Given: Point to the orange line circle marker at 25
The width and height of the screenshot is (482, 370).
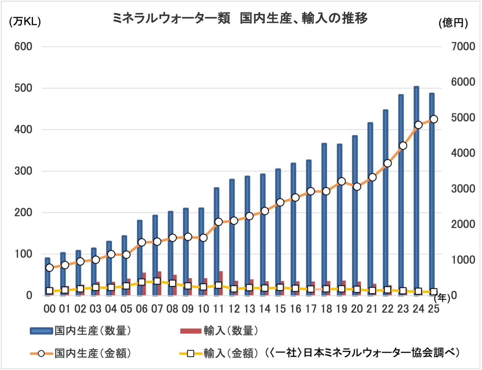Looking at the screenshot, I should pyautogui.click(x=434, y=119).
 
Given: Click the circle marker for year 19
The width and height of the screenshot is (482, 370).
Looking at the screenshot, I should pyautogui.click(x=341, y=181).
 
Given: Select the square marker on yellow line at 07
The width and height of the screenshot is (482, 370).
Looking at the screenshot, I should pyautogui.click(x=157, y=281).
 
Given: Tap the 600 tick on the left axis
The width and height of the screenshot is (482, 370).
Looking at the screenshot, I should pyautogui.click(x=23, y=47).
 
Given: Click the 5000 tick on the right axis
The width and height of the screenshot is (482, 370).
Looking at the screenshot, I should pyautogui.click(x=463, y=118).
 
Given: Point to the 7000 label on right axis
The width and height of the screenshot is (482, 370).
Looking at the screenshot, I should pyautogui.click(x=463, y=47).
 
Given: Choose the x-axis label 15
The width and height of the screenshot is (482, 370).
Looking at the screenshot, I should pyautogui.click(x=280, y=309).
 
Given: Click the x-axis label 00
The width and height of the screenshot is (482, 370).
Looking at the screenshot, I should pyautogui.click(x=49, y=309).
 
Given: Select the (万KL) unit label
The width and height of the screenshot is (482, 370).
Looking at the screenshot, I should pyautogui.click(x=25, y=22).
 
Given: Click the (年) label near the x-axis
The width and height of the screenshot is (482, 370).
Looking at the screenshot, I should pyautogui.click(x=442, y=298).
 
